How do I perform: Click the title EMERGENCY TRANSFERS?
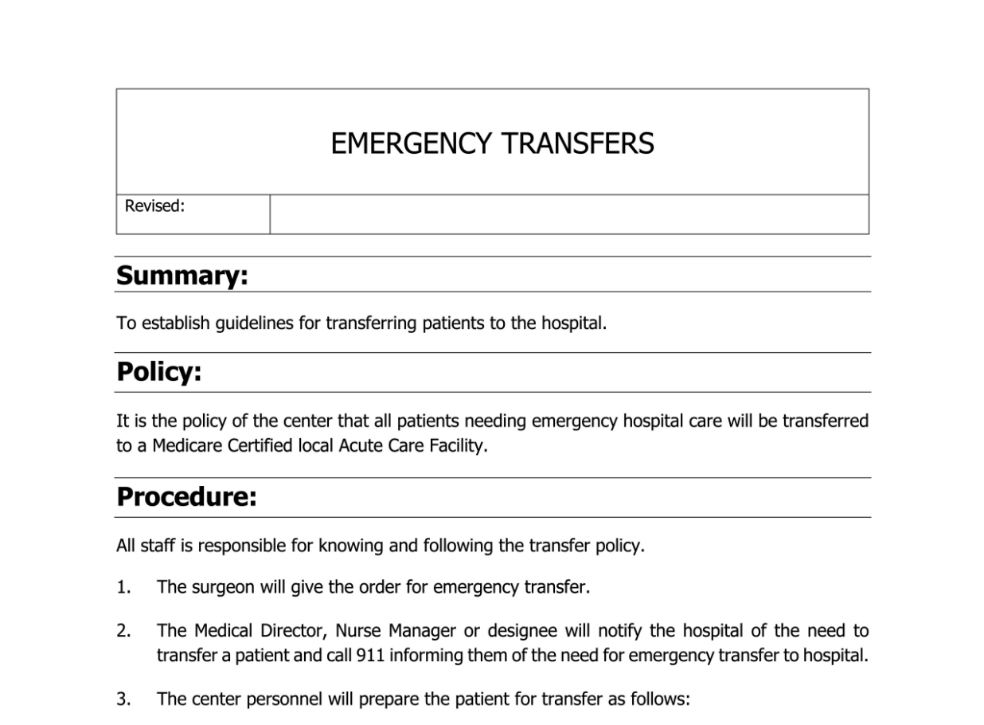click(492, 143)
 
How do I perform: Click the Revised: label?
click(154, 206)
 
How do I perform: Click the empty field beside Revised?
click(568, 214)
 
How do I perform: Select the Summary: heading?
click(182, 276)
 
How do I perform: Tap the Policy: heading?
click(158, 372)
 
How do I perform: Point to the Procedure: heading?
click(186, 497)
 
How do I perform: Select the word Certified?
click(260, 445)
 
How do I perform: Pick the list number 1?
click(123, 588)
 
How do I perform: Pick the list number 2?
click(123, 631)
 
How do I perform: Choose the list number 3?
click(123, 700)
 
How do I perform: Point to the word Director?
click(291, 631)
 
